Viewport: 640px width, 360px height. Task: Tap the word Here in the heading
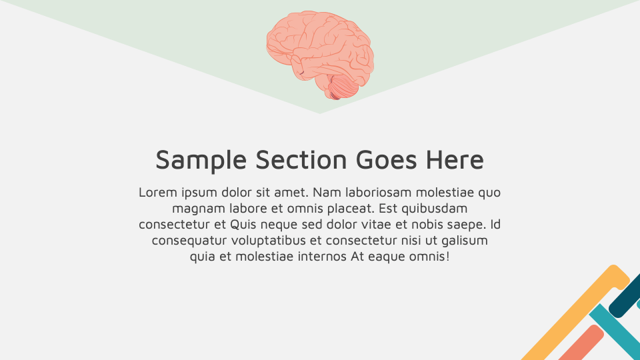(455, 161)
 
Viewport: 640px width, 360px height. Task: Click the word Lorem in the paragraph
(157, 193)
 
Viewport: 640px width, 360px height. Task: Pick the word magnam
(193, 209)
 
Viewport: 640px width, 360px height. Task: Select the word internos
(323, 257)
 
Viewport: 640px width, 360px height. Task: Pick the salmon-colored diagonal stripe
(580, 343)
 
